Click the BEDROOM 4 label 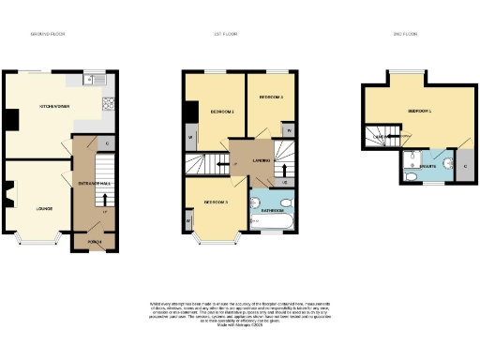[271, 97]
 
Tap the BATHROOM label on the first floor [273, 211]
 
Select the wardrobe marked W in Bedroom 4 [288, 130]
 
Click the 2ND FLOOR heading [404, 35]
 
